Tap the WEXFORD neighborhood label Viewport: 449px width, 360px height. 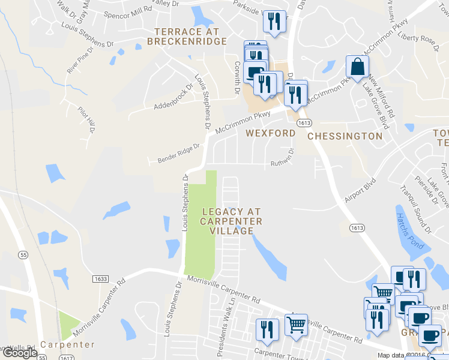[270, 133]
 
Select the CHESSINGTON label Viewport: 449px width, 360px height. [345, 136]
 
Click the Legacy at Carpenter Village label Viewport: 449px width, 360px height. [232, 221]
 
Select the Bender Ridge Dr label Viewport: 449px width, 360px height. [178, 153]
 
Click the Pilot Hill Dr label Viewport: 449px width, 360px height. [88, 118]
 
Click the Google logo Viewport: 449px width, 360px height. [19, 353]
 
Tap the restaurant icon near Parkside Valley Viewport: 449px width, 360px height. [272, 22]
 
